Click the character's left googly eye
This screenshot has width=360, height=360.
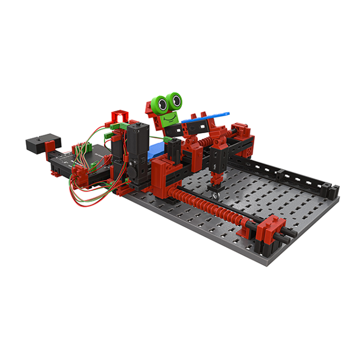[x=162, y=104]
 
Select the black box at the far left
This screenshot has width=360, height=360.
[x=38, y=144]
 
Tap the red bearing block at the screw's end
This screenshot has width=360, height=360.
[x=270, y=233]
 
